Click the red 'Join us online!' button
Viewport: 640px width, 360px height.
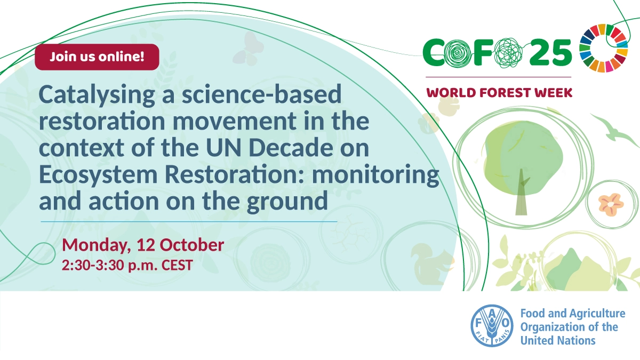(x=97, y=57)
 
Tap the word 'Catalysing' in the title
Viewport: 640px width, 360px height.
(x=97, y=95)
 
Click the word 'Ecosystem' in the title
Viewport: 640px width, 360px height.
(x=98, y=175)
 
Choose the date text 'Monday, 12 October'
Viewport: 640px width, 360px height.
(x=143, y=245)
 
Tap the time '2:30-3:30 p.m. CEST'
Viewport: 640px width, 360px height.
(x=127, y=265)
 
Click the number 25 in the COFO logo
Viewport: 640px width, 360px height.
(x=550, y=53)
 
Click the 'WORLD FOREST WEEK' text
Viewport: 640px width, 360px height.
(x=499, y=93)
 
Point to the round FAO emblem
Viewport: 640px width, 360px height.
(x=492, y=325)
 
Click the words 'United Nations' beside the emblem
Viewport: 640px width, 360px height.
(x=558, y=341)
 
